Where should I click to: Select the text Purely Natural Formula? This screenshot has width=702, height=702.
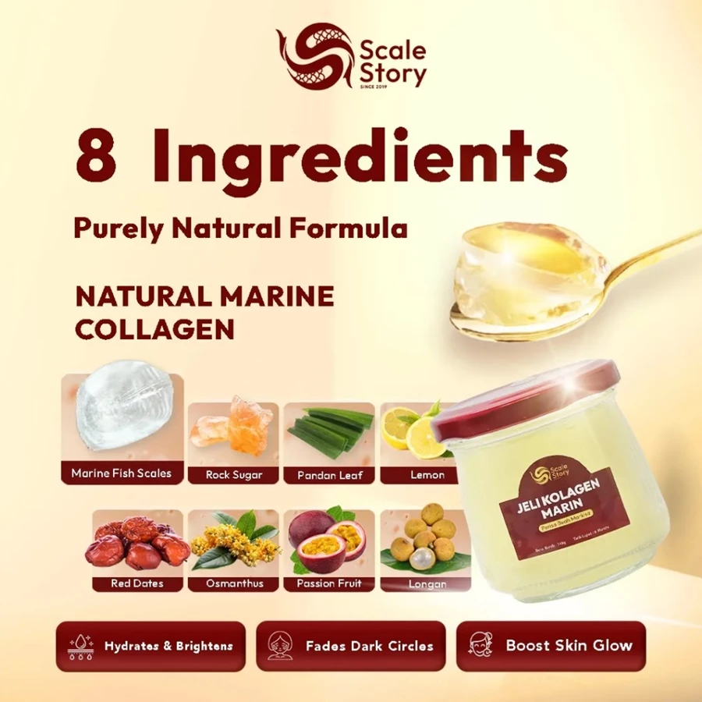[240, 229]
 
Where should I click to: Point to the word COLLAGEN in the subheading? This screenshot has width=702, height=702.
[154, 328]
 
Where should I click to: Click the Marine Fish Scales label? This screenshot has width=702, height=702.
[121, 473]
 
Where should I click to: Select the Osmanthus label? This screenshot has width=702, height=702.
[234, 583]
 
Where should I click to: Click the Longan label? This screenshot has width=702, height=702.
[426, 583]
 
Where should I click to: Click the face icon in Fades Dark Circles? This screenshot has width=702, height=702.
[279, 646]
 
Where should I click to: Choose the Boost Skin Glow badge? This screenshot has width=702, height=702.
[551, 646]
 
